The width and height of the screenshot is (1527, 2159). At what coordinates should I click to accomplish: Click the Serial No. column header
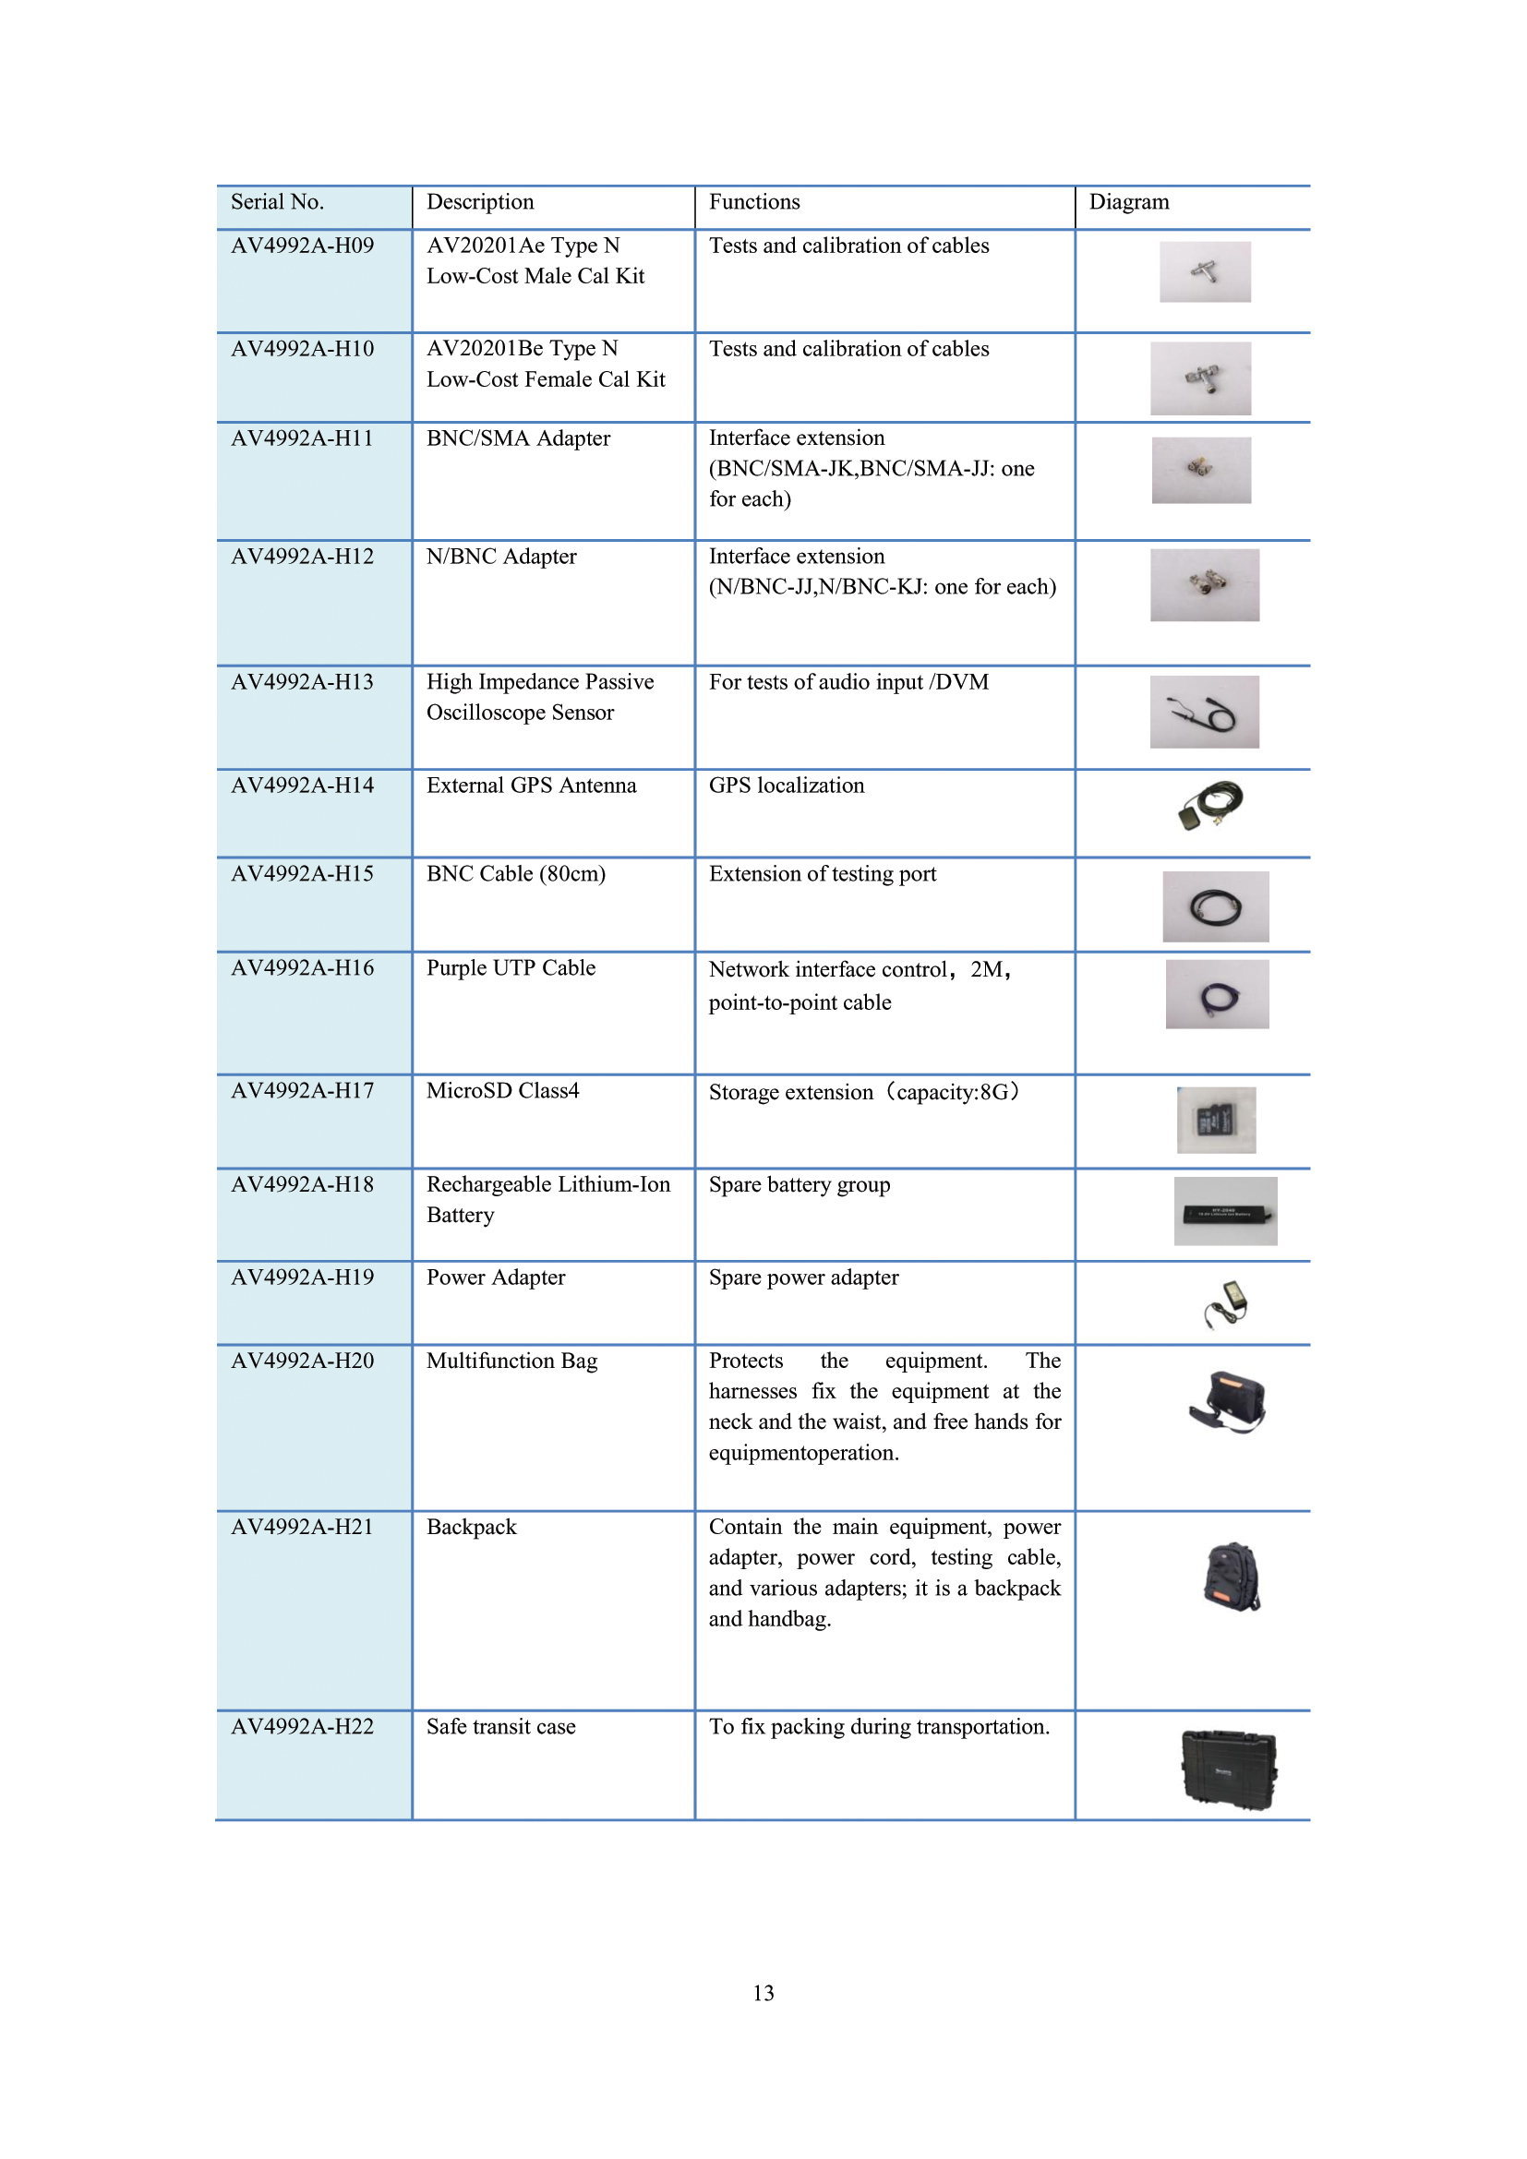[277, 202]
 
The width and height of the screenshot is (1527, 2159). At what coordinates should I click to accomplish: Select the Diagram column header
[1128, 202]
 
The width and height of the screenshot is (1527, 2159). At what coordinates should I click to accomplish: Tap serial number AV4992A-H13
[302, 682]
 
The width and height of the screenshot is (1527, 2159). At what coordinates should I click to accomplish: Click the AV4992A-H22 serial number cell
[302, 1726]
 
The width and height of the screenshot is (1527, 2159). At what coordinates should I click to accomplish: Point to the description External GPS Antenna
[531, 786]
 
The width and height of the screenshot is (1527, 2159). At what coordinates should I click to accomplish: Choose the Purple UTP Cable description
[511, 967]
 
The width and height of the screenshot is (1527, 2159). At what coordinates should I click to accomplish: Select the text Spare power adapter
[803, 1277]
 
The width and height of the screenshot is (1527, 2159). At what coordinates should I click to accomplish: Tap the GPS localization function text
[786, 786]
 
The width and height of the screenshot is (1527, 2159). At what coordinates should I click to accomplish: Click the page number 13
[763, 1993]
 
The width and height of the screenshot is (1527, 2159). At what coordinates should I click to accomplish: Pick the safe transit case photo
[1228, 1769]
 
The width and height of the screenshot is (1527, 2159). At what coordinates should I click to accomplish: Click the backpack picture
[1231, 1577]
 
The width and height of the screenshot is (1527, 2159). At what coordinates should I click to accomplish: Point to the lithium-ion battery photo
[1225, 1211]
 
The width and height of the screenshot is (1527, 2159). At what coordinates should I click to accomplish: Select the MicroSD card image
[1216, 1120]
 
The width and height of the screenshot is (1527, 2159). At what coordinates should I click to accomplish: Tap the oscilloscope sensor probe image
[1204, 712]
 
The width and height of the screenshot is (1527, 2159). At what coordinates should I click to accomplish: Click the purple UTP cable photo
[1217, 994]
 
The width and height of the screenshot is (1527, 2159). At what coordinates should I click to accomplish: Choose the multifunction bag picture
[1227, 1401]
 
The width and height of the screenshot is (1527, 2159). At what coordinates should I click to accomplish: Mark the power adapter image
[1227, 1303]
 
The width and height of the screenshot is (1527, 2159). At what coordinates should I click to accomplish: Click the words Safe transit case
[501, 1726]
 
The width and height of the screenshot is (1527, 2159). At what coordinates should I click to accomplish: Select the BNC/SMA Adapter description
[518, 438]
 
